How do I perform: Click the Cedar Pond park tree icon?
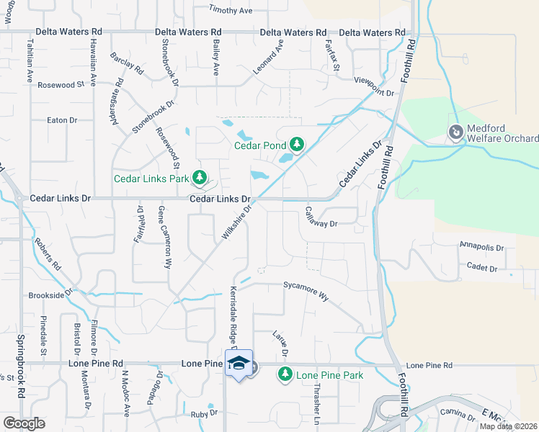point(295,144)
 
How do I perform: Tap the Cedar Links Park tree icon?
point(198,177)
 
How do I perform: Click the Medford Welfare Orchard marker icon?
point(455,132)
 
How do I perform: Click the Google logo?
point(24,423)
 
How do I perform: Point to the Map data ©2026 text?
point(508,426)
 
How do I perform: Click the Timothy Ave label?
point(231,11)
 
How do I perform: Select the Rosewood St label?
point(61,85)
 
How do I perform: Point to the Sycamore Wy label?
point(306,291)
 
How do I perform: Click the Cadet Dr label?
point(484,268)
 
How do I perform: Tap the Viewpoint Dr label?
point(375,86)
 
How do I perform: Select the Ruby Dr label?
point(204,414)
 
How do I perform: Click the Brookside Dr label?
point(50,294)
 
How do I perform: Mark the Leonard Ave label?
point(268,59)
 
